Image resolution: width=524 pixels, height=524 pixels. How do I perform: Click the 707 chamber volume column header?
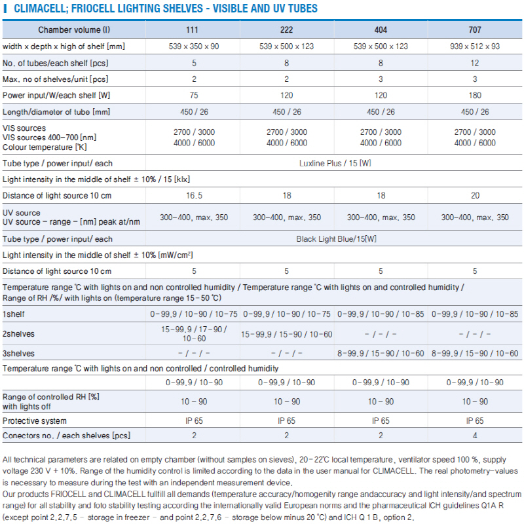[474, 29]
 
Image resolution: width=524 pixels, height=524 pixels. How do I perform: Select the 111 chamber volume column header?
[192, 29]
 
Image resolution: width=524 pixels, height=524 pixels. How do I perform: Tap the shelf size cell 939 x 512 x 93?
[474, 47]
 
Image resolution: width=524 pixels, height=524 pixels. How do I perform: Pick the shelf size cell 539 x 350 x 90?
[194, 47]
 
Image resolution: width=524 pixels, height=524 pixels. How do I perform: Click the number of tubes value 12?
[474, 63]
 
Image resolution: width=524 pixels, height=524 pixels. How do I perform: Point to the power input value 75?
[194, 96]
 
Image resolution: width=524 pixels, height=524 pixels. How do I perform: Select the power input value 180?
[474, 96]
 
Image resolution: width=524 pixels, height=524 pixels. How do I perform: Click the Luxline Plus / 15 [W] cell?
[335, 163]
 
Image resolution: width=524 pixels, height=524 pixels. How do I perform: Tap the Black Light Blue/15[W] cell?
[336, 239]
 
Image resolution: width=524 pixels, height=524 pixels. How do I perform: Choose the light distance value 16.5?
[194, 195]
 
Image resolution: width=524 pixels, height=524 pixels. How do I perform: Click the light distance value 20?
[475, 195]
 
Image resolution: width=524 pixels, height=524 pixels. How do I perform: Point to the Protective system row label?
[35, 421]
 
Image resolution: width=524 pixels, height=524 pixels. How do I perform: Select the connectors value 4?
[474, 436]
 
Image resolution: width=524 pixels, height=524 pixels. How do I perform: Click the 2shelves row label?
[18, 334]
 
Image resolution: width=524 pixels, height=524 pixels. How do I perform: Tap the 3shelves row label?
[18, 353]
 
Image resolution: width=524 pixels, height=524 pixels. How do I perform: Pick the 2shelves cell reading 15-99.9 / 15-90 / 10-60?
[287, 334]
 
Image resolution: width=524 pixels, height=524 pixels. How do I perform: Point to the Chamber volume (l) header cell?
[74, 29]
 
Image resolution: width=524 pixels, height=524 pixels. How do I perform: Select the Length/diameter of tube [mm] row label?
[56, 112]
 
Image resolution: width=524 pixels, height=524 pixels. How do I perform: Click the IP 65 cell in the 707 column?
[474, 421]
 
